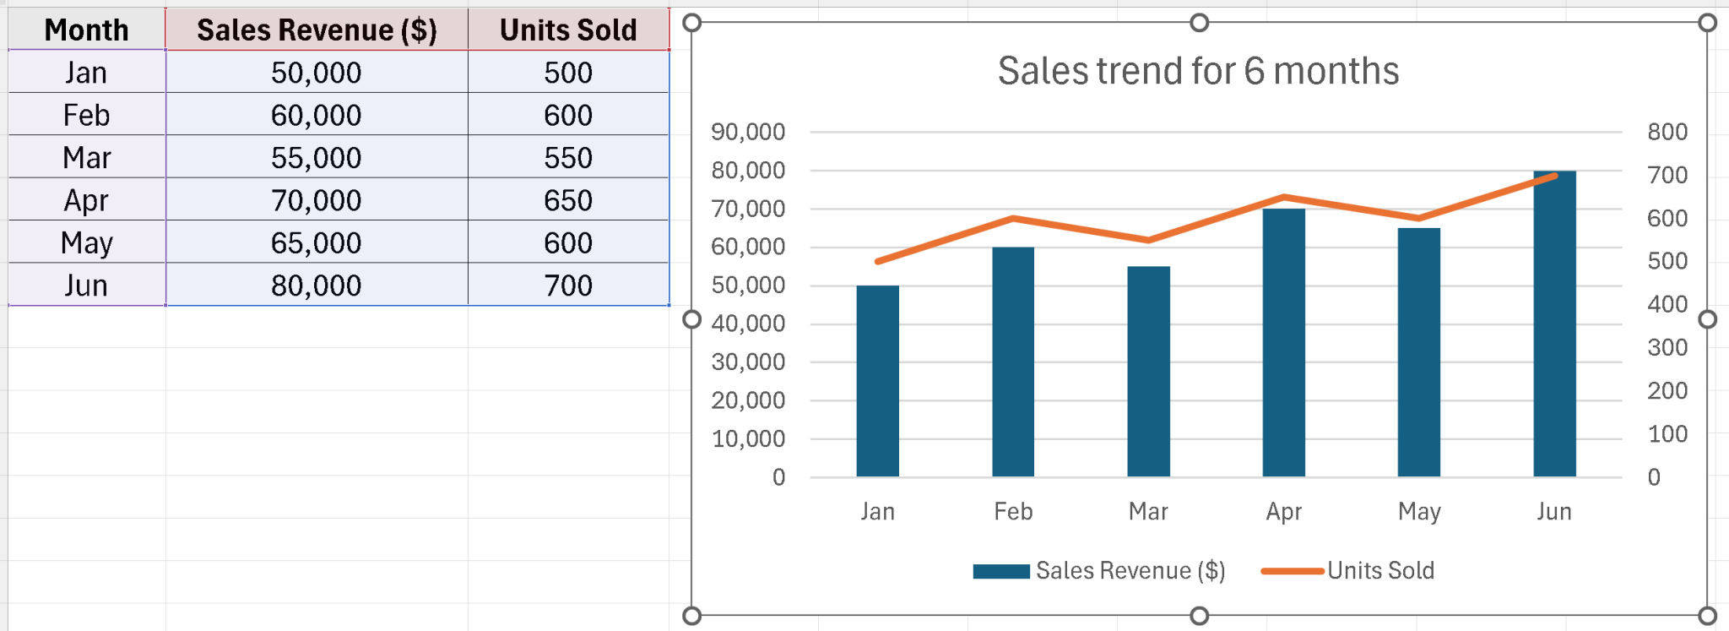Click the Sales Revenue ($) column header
coord(317,30)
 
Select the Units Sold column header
coord(568,30)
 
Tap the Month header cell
coord(86,30)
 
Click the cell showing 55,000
coord(317,158)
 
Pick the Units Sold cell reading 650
coord(568,200)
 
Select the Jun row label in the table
coord(86,286)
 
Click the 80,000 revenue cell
coord(317,286)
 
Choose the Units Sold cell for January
coord(568,73)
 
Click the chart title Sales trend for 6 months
coord(1198,71)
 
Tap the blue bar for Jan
coord(877,380)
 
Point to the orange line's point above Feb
coord(1013,219)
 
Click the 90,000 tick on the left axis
coord(748,132)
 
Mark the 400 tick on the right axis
coord(1667,304)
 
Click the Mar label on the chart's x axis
coord(1148,512)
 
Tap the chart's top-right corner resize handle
coord(1707,23)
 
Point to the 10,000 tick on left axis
coord(748,439)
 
